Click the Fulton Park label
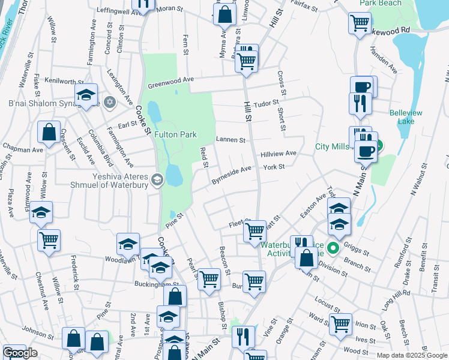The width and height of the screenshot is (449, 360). click(176, 135)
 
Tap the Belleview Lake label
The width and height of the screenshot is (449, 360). click(406, 116)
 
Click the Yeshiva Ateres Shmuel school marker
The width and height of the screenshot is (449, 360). click(157, 179)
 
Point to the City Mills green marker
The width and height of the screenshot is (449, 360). click(379, 146)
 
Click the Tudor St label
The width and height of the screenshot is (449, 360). click(268, 103)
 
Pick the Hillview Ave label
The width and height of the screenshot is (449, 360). click(279, 154)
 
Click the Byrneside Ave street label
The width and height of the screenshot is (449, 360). click(231, 175)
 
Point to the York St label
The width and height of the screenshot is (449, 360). click(273, 167)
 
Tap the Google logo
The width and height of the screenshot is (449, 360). click(20, 353)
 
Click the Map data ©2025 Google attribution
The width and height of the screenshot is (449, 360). click(412, 355)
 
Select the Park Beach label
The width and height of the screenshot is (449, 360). click(380, 3)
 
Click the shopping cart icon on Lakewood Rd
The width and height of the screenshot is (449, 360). click(360, 23)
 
